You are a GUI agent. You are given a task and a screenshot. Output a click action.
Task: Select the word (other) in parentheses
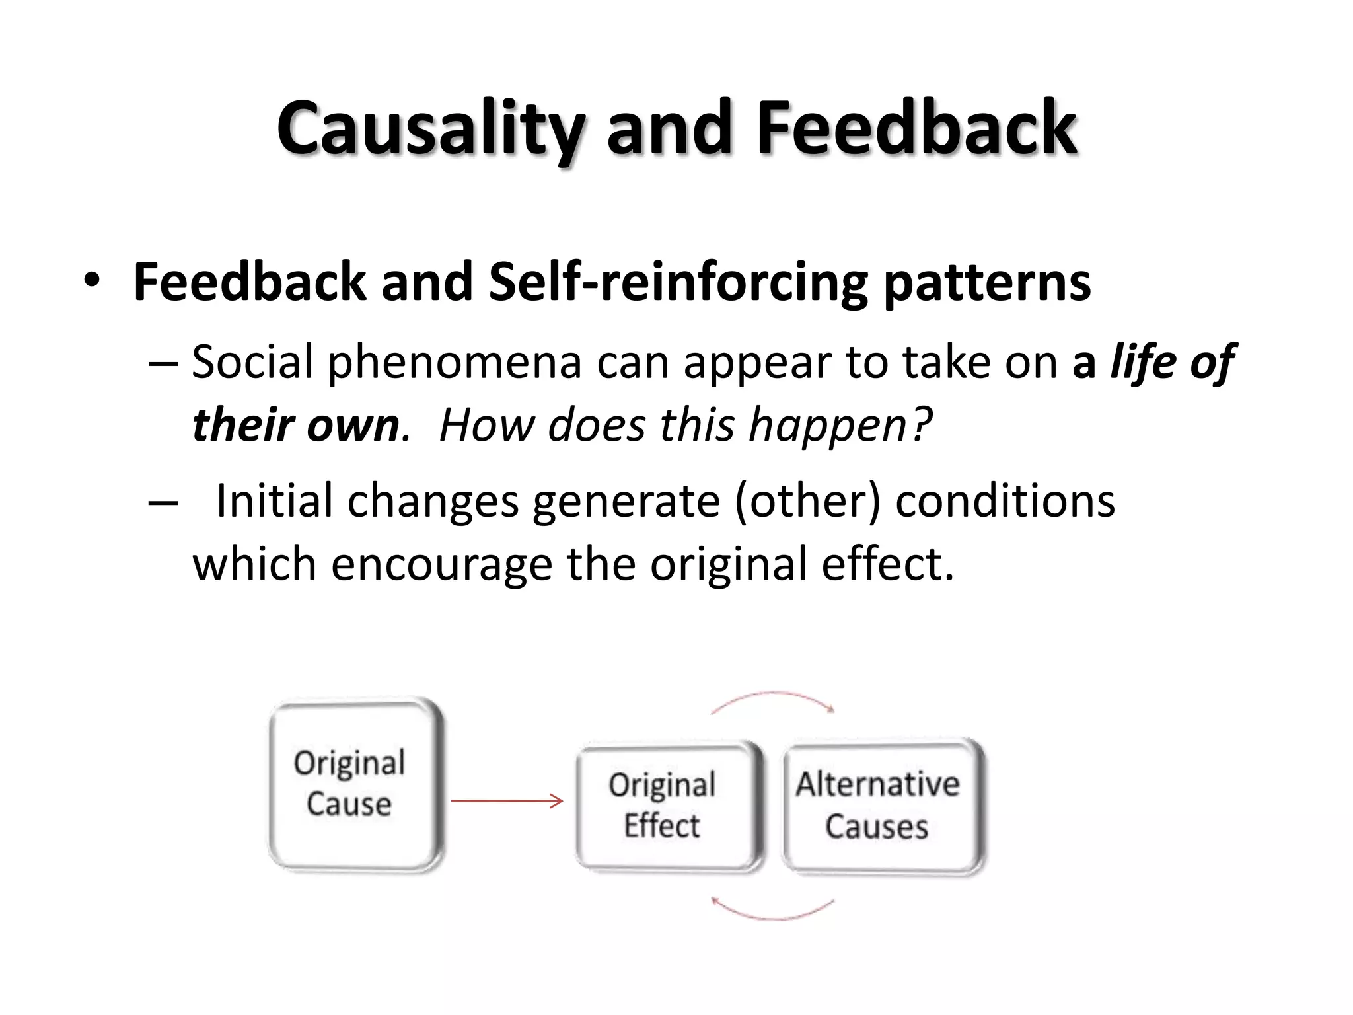[x=807, y=501]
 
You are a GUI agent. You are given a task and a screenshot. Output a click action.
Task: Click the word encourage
[x=441, y=564]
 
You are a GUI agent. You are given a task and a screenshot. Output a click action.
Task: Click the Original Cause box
[x=355, y=784]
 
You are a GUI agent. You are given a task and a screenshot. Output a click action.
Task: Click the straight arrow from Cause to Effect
[x=506, y=801]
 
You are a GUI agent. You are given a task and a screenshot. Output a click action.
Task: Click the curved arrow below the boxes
[x=773, y=915]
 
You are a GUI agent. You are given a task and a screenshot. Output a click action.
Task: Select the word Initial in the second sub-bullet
[x=274, y=501]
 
